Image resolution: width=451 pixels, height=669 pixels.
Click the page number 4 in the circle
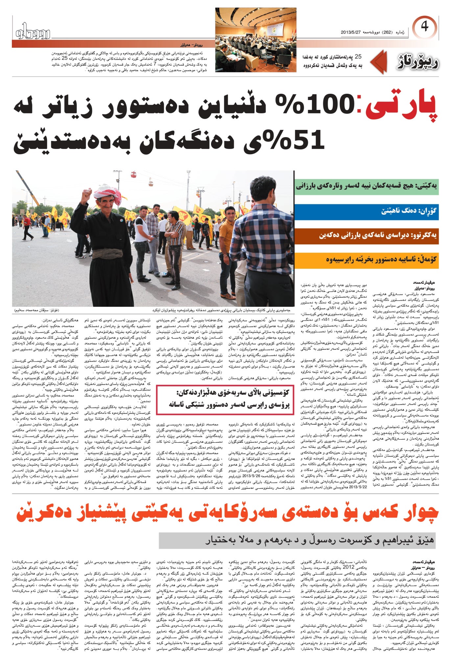pos(424,27)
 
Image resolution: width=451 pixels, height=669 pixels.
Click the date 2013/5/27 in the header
pos(352,33)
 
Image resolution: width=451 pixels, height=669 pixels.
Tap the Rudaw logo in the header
pos(33,32)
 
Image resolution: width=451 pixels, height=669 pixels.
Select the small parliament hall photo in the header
pos(256,40)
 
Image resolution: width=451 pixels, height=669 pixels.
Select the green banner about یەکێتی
pos(367,186)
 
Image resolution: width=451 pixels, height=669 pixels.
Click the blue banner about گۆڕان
pos(367,211)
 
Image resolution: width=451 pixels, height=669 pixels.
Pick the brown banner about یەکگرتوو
pos(367,235)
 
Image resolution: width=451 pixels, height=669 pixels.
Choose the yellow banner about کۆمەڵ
pos(367,259)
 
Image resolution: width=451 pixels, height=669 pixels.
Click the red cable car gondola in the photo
pos(133,174)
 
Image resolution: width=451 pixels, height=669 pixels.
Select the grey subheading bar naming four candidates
pos(297,540)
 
